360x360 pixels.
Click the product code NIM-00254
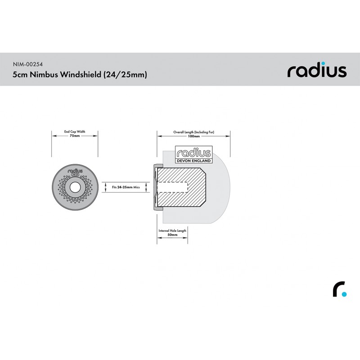(28, 64)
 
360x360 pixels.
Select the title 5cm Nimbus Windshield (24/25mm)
(80, 75)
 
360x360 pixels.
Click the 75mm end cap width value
(75, 136)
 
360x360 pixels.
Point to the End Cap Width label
(75, 131)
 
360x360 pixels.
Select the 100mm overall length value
(194, 136)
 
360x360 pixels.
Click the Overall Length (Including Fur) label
(194, 132)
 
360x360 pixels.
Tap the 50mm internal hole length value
(172, 235)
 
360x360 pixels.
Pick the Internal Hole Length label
(172, 230)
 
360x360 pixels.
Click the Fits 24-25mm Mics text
(126, 187)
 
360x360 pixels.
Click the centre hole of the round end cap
(75, 188)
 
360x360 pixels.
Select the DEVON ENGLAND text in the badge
(194, 161)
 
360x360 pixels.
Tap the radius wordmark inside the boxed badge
(194, 153)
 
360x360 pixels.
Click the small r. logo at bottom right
(340, 289)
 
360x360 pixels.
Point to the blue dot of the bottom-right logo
(344, 294)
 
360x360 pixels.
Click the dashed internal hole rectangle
(172, 187)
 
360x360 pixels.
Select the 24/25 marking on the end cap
(75, 175)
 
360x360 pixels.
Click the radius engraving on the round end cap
(75, 171)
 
